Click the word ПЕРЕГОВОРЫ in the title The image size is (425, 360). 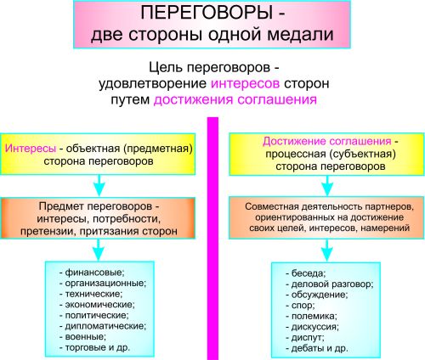(207, 13)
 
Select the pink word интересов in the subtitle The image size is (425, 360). (245, 83)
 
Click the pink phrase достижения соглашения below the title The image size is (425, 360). (235, 99)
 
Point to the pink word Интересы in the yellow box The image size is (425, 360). (31, 149)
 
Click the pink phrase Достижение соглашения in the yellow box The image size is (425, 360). (326, 141)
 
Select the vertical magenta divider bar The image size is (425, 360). (213, 239)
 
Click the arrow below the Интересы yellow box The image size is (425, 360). (99, 185)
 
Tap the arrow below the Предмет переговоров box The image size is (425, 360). (99, 250)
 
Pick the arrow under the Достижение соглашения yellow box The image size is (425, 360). (327, 186)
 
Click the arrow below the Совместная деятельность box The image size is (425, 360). (327, 250)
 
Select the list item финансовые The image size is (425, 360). (92, 273)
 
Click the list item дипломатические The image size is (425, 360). (103, 326)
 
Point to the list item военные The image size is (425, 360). (82, 337)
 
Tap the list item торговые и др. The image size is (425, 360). (94, 347)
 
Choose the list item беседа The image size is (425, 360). (306, 273)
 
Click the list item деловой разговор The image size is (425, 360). (330, 284)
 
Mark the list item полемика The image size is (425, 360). (311, 316)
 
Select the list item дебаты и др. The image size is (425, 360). (317, 348)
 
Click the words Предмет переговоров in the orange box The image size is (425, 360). (95, 206)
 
